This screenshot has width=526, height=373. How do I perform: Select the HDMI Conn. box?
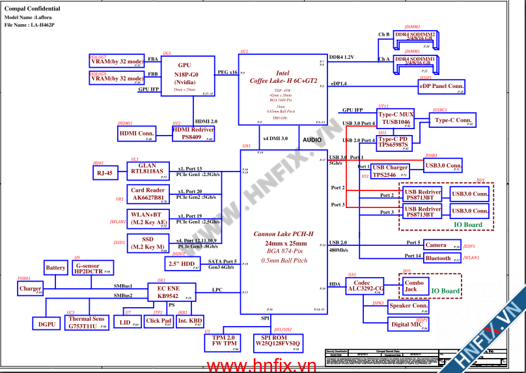[x=135, y=134]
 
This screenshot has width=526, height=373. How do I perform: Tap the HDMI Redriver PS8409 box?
[x=193, y=134]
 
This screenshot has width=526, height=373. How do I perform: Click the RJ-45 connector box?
[x=105, y=173]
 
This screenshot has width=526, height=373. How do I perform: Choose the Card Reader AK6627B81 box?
[x=148, y=194]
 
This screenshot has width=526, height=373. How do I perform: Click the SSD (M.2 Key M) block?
[x=148, y=243]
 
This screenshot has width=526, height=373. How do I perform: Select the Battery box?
[x=56, y=268]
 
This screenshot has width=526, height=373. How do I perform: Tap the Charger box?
[x=31, y=288]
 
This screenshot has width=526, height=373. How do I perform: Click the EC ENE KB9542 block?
[x=167, y=291]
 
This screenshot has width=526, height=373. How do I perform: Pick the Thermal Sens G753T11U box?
[x=87, y=323]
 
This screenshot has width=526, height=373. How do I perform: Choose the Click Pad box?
[x=158, y=321]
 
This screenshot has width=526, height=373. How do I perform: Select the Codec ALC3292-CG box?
[x=365, y=285]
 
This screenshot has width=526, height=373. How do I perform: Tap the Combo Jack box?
[x=414, y=286]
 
